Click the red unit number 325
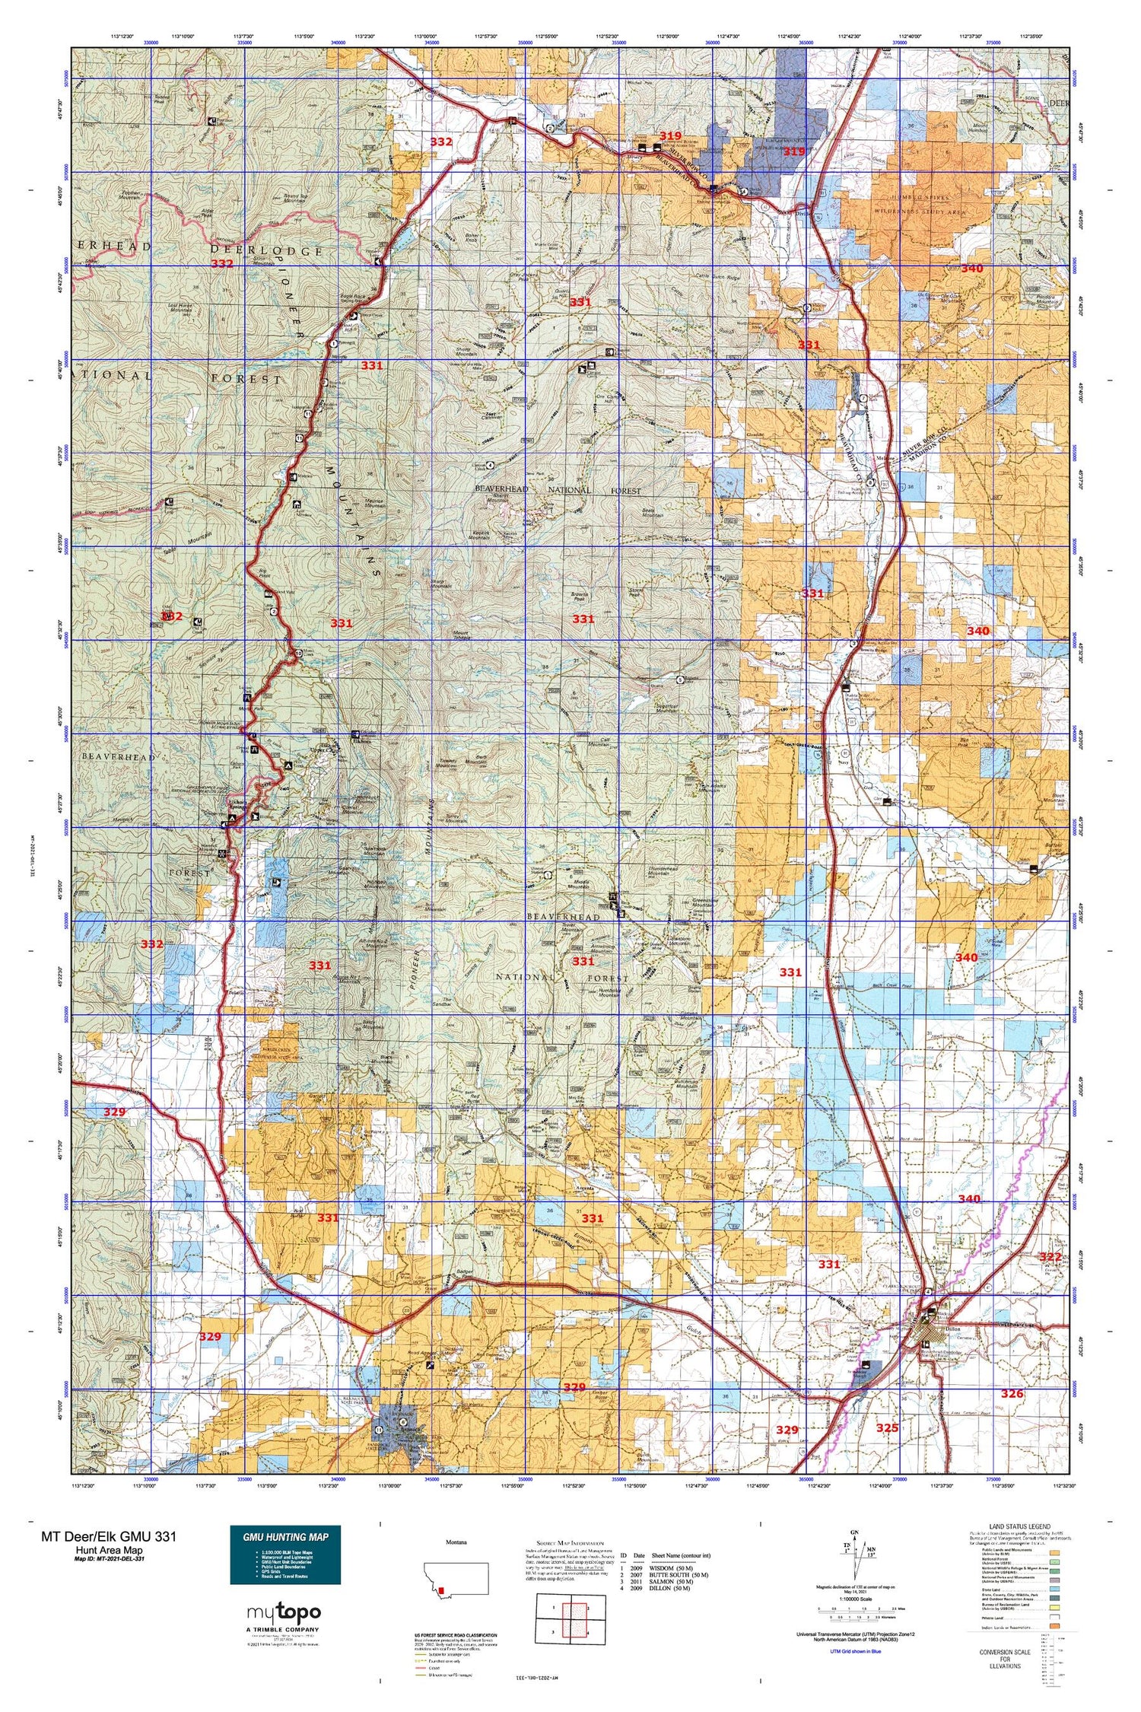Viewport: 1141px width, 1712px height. (887, 1428)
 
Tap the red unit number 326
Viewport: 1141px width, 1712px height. (1012, 1394)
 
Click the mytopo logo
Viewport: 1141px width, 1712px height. (283, 1612)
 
